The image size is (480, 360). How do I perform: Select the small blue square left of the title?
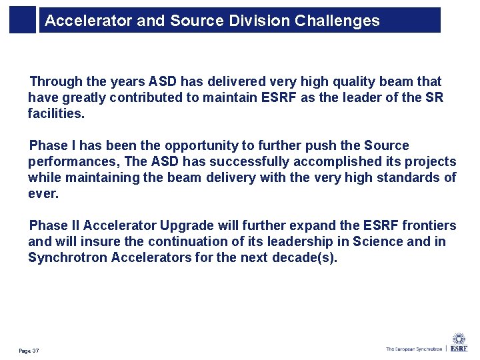coord(22,20)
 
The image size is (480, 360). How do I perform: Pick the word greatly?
coord(87,98)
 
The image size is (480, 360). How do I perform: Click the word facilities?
coord(56,114)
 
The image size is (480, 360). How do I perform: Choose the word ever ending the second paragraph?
coord(43,194)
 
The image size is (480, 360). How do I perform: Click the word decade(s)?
coord(305,258)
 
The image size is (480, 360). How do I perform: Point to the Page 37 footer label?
coord(29,351)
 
